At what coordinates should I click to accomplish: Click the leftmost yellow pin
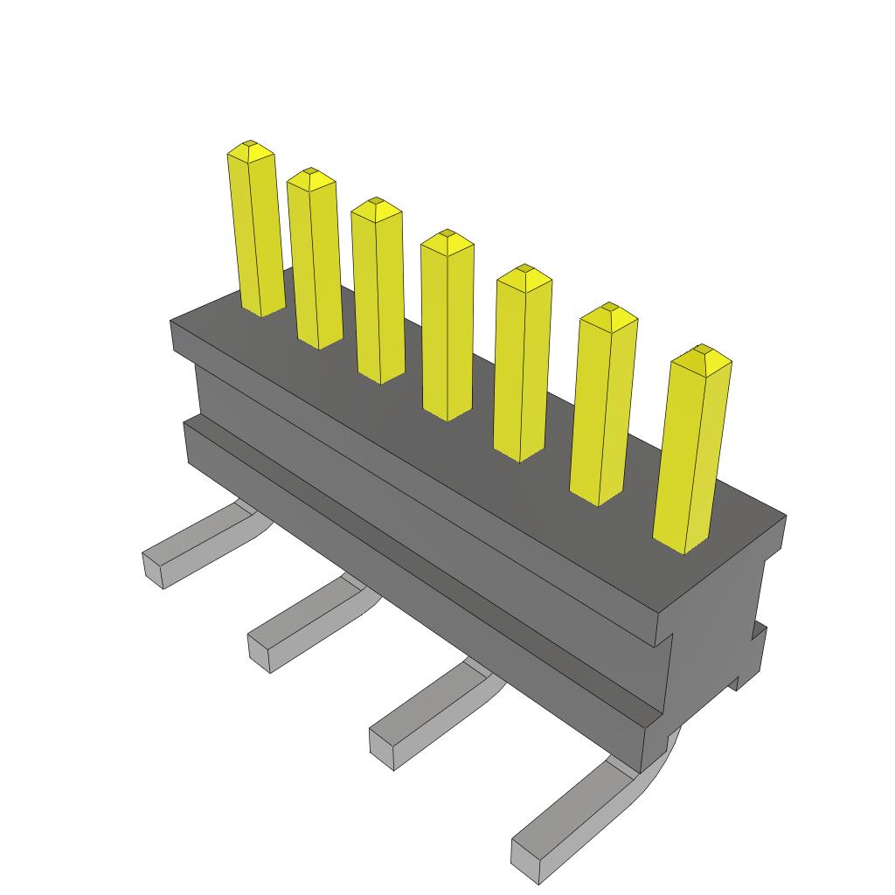[256, 232]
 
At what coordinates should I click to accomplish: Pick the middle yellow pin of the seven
[447, 328]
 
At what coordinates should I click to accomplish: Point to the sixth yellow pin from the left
[602, 406]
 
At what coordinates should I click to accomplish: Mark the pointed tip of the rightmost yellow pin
[701, 350]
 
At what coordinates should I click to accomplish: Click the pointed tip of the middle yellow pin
[447, 234]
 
